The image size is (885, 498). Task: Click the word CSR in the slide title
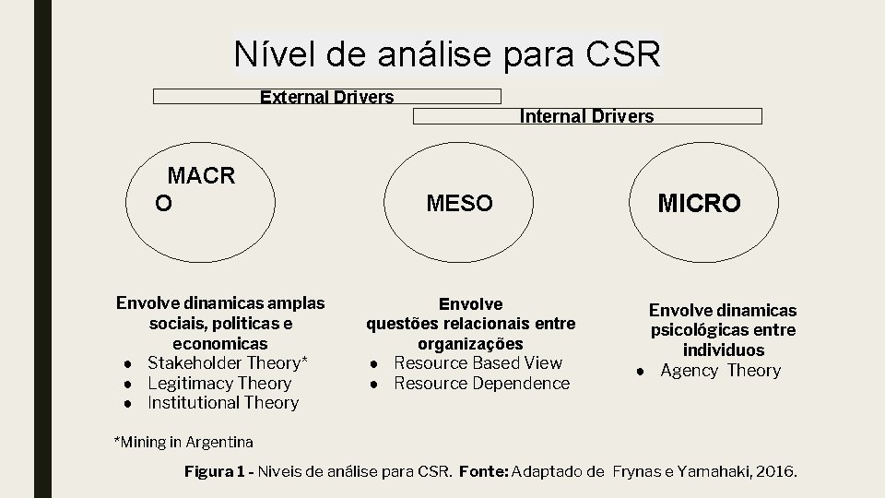622,55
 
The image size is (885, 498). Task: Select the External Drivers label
326,97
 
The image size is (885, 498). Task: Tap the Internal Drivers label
587,116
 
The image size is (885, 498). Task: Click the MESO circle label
459,203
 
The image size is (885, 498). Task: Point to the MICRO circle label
698,204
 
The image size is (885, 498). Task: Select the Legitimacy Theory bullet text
219,383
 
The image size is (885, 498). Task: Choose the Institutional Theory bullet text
223,402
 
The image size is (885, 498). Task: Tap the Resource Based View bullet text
478,362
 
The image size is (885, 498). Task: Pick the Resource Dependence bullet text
481,383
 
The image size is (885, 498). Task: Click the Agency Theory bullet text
720,371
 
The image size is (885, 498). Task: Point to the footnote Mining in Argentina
183,443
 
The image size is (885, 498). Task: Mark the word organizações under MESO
471,343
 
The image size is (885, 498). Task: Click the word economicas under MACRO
221,343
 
